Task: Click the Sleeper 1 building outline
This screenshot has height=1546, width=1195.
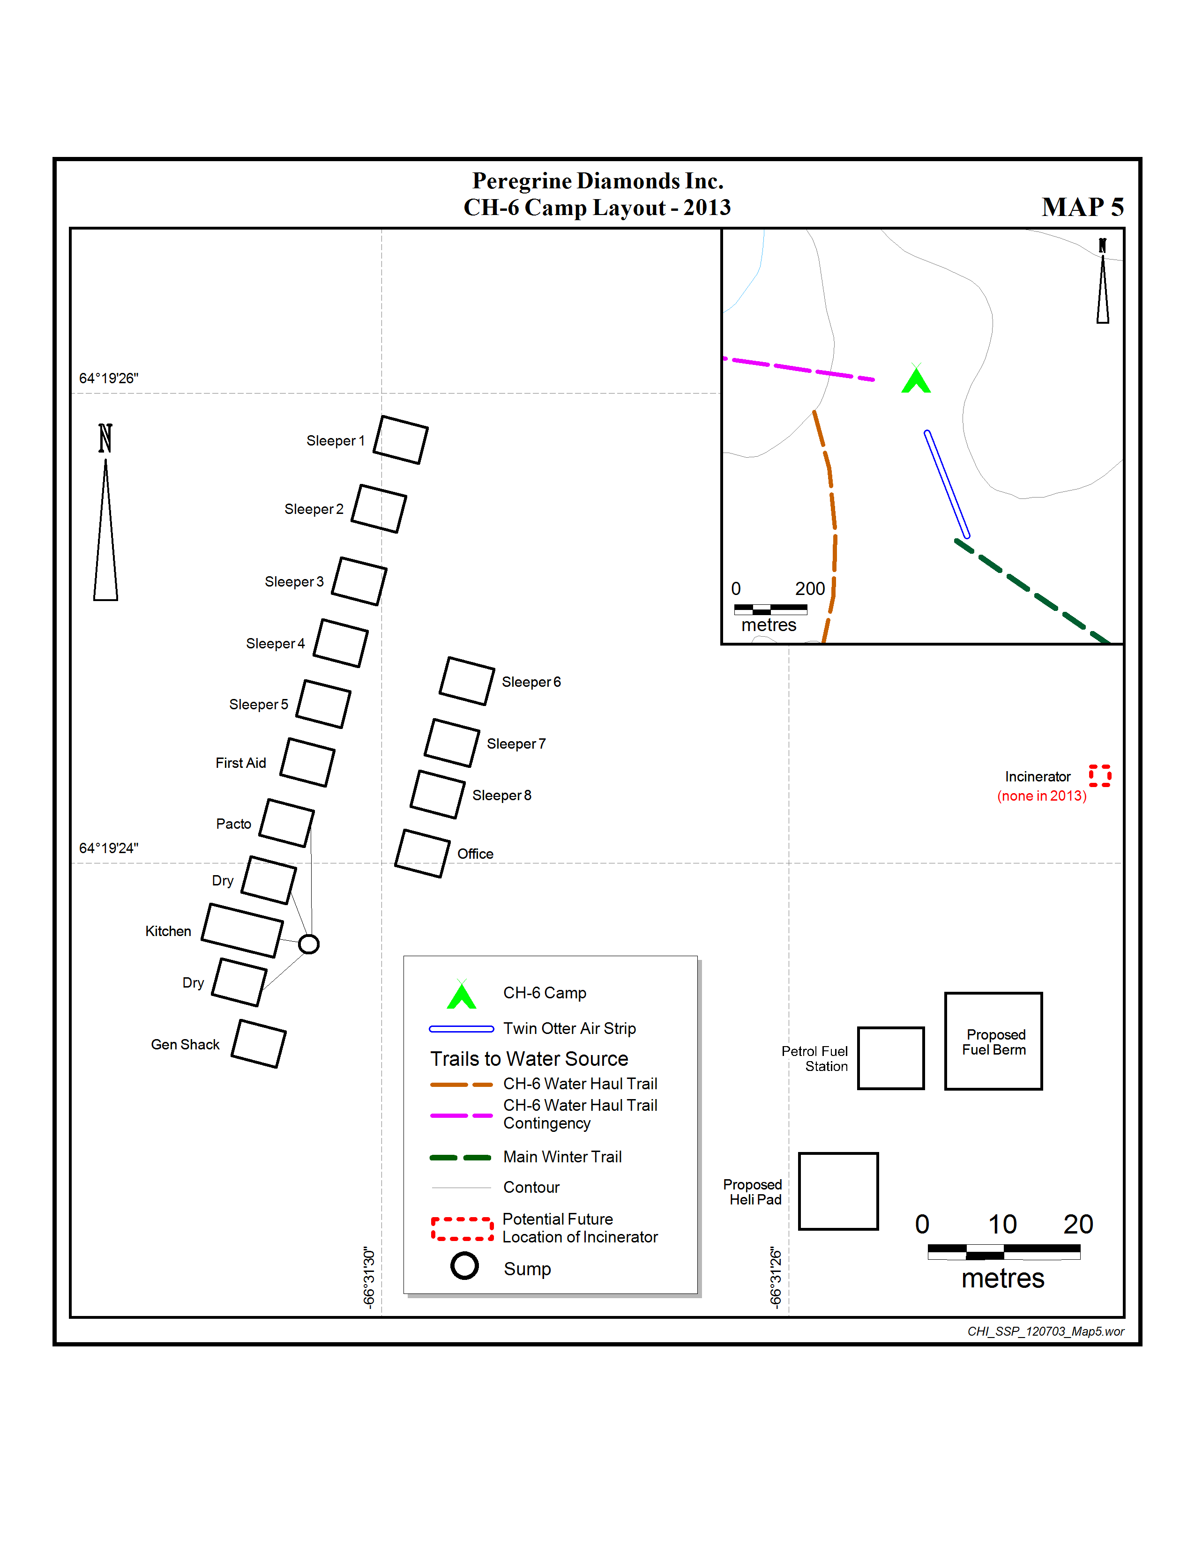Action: pyautogui.click(x=401, y=439)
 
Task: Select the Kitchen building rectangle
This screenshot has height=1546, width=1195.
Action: pyautogui.click(x=242, y=930)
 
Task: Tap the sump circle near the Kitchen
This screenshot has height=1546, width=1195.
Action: pyautogui.click(x=309, y=944)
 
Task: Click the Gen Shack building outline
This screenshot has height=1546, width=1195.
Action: pyautogui.click(x=258, y=1043)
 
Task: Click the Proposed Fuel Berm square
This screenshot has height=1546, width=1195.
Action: pyautogui.click(x=993, y=1041)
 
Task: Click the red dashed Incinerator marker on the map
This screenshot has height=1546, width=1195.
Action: pyautogui.click(x=1099, y=775)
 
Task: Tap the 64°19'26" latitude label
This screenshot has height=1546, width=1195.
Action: pyautogui.click(x=108, y=378)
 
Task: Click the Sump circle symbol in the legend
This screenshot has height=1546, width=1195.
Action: pyautogui.click(x=464, y=1266)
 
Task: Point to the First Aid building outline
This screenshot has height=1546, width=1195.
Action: pyautogui.click(x=307, y=762)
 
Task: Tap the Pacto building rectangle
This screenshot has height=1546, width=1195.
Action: pyautogui.click(x=287, y=823)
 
